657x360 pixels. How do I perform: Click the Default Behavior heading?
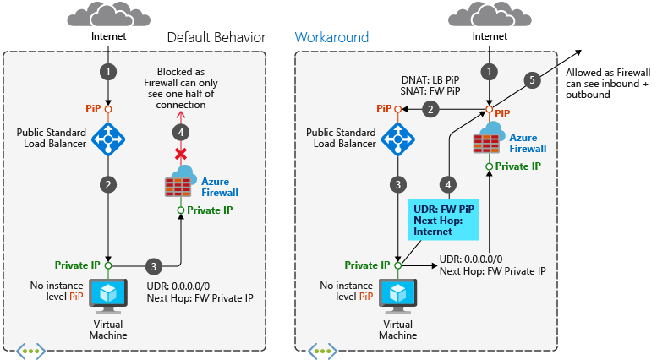click(x=216, y=37)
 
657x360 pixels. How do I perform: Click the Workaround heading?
click(x=331, y=37)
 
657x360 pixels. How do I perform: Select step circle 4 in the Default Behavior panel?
click(x=179, y=132)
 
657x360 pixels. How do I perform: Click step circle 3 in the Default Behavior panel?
click(x=153, y=266)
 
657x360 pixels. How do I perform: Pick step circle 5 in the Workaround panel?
click(x=531, y=80)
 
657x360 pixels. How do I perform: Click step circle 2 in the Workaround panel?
click(x=430, y=109)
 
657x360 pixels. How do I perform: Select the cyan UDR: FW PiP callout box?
click(x=444, y=219)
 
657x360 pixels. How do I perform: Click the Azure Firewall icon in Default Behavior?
click(x=179, y=186)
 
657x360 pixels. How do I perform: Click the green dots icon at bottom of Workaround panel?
click(x=321, y=349)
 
